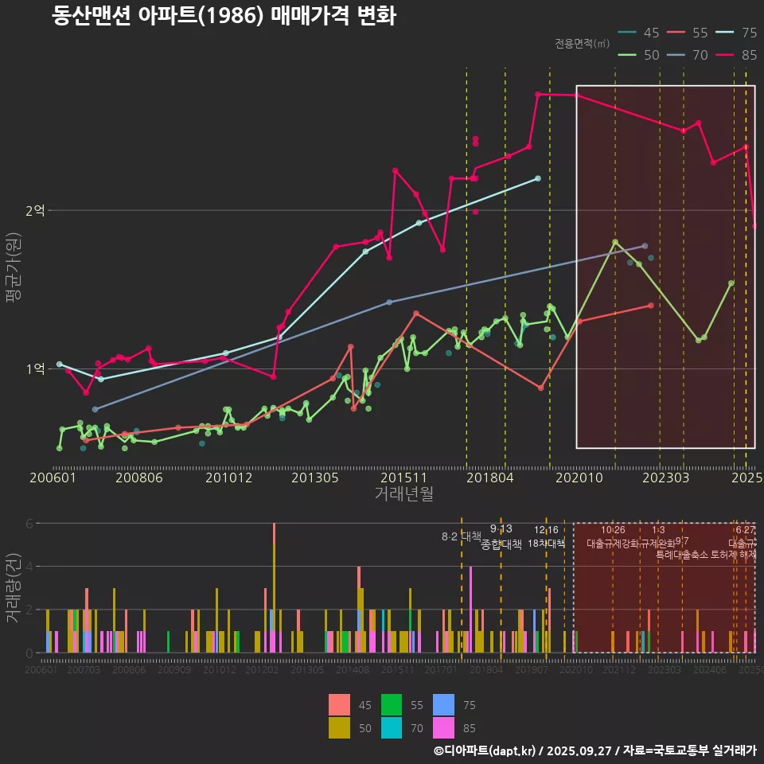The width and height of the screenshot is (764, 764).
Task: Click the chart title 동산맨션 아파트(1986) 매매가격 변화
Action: [224, 15]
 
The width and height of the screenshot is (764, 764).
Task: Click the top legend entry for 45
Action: [641, 33]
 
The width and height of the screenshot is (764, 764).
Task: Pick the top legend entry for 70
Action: [690, 55]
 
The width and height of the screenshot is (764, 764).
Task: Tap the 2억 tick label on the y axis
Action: [36, 211]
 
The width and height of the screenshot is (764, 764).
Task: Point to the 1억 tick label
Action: [36, 369]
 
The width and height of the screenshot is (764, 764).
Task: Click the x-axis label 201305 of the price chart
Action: [315, 477]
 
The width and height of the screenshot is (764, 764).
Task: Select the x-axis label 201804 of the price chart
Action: [489, 477]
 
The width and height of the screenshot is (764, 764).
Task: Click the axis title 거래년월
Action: [403, 493]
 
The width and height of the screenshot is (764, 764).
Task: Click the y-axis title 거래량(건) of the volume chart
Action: [13, 589]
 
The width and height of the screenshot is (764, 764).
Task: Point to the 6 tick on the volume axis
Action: [29, 524]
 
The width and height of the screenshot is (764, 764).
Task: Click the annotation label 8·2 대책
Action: [462, 536]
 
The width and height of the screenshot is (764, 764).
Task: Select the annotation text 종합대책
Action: [501, 544]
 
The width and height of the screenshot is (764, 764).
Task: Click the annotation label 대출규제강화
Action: [612, 544]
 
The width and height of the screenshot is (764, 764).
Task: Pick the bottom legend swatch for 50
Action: [339, 727]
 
